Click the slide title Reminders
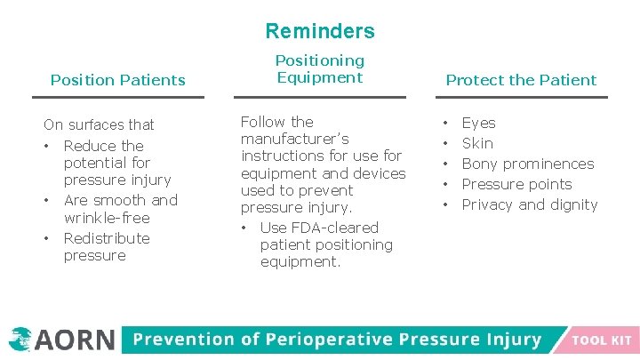click(x=320, y=31)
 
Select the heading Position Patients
click(x=117, y=80)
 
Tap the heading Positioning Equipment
click(x=319, y=68)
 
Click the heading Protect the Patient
click(x=521, y=80)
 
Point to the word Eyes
click(x=478, y=123)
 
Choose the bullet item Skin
click(x=477, y=143)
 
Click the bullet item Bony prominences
click(x=527, y=164)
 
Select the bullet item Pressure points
click(x=516, y=184)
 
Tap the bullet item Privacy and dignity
click(x=529, y=204)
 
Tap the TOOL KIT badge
click(x=602, y=340)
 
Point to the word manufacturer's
click(x=294, y=139)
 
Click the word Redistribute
click(x=107, y=238)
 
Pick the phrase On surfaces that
click(x=99, y=124)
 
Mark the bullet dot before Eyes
click(x=447, y=123)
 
